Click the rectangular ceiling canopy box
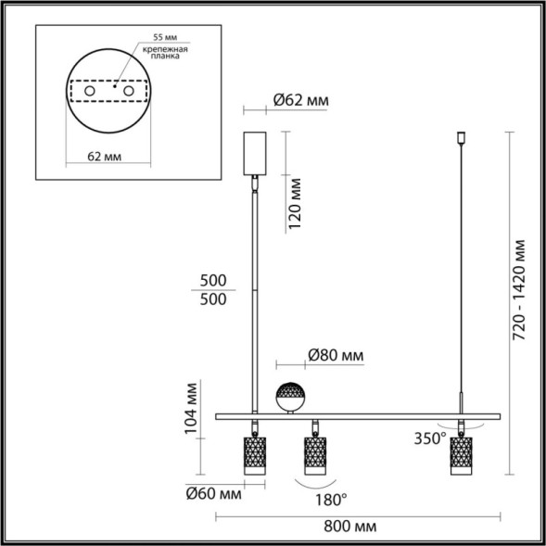254,153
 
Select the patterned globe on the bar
293,398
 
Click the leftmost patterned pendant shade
253,455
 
